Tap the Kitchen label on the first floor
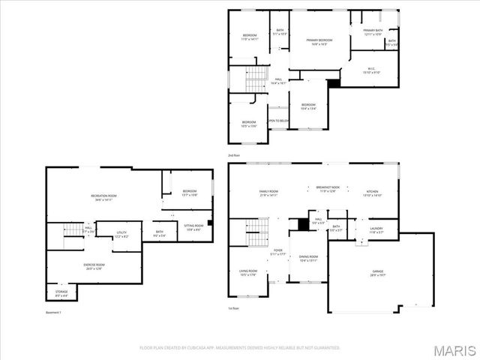coord(373,193)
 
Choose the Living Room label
coord(248,273)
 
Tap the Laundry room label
coord(376,230)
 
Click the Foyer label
coord(277,251)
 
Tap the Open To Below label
coord(278,121)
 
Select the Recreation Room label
coord(104,197)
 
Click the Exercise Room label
coord(94,266)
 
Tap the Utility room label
coord(121,235)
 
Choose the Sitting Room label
coord(193,228)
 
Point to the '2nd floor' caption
coord(234,155)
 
